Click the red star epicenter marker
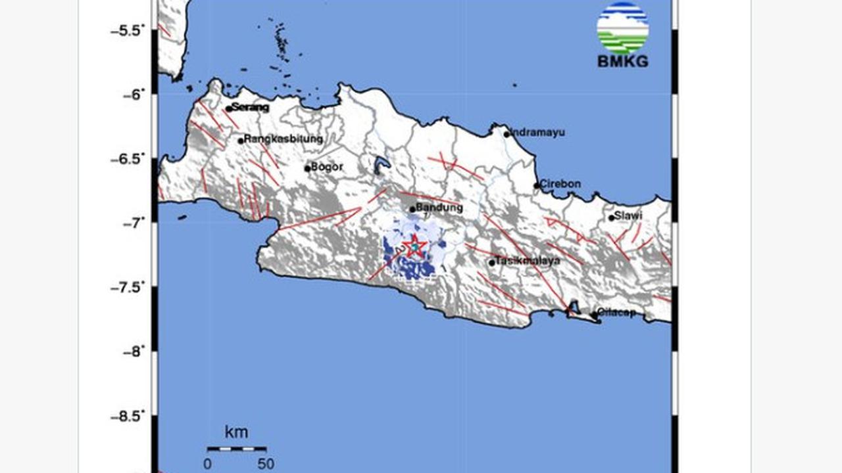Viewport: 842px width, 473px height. point(414,246)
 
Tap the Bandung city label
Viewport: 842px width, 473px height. point(439,208)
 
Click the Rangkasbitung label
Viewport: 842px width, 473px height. point(284,139)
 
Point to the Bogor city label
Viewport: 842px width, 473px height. point(327,167)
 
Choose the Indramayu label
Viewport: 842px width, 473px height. point(539,132)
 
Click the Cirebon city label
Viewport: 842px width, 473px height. point(560,184)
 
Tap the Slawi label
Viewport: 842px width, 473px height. point(628,215)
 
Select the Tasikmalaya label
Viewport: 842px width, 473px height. point(528,261)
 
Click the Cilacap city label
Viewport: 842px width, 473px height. point(617,313)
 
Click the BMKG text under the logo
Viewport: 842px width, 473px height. point(622,62)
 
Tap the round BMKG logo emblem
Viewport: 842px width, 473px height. point(622,28)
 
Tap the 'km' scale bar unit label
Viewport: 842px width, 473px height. point(236,432)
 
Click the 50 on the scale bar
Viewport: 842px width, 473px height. point(266,464)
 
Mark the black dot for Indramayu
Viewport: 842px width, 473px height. point(507,134)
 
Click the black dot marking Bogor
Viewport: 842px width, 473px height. point(307,168)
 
